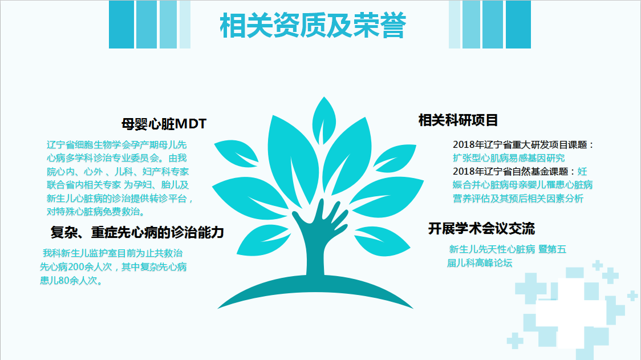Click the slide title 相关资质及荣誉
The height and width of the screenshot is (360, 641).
[x=313, y=25]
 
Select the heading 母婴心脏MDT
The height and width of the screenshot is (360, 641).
[x=164, y=124]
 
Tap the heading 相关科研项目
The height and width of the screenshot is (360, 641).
[x=458, y=120]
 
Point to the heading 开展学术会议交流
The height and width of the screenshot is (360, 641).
[x=481, y=228]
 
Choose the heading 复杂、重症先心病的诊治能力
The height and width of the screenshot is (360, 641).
[x=137, y=232]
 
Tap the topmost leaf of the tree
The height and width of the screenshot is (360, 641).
[x=324, y=119]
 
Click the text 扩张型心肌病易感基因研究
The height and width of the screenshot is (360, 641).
[x=509, y=158]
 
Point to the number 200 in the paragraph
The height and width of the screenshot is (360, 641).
[x=76, y=267]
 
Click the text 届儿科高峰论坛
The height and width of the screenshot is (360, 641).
[x=480, y=263]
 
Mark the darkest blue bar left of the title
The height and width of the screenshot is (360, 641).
[x=121, y=25]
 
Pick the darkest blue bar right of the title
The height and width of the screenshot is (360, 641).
[x=518, y=25]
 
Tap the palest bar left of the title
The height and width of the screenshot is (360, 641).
[x=185, y=25]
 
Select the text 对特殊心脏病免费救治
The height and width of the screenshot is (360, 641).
[x=94, y=212]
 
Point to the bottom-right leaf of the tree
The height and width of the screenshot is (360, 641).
[x=382, y=241]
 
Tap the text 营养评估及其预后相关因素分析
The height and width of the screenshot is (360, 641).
[x=518, y=199]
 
